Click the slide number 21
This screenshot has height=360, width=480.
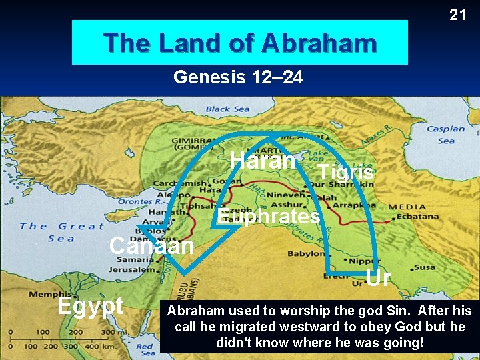[x=457, y=14]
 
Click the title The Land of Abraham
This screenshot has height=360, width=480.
[x=240, y=43]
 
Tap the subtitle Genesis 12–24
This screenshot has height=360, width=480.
[x=238, y=78]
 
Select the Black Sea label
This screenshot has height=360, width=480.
[x=227, y=109]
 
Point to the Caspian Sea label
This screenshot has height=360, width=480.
[x=446, y=135]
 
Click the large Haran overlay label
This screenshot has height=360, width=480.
[x=262, y=161]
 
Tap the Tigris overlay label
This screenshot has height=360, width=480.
[x=345, y=172]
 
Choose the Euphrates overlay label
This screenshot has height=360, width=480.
[x=268, y=217]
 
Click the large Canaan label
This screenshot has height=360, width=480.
[x=151, y=246]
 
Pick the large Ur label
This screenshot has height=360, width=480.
[x=378, y=277]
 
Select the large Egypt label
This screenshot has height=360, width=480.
[x=91, y=305]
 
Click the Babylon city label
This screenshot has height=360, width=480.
[x=306, y=254]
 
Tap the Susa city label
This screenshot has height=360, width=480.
[x=425, y=267]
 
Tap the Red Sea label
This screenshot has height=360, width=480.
[x=146, y=347]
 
